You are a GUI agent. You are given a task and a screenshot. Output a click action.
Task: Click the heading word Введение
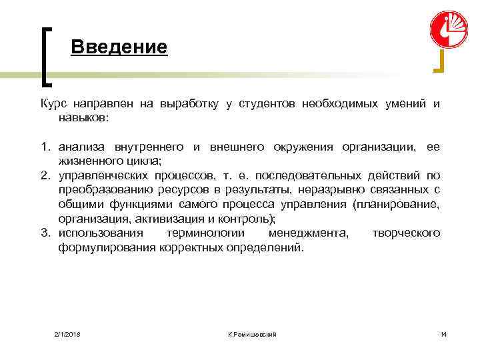119,47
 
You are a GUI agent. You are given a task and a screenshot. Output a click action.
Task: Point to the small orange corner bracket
439,63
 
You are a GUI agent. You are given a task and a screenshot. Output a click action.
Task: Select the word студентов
263,105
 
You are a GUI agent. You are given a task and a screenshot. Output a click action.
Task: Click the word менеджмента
307,233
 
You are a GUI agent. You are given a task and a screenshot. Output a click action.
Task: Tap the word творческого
405,233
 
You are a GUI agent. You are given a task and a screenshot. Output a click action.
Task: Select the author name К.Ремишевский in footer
251,333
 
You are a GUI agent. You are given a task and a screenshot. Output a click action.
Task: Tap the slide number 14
443,333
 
